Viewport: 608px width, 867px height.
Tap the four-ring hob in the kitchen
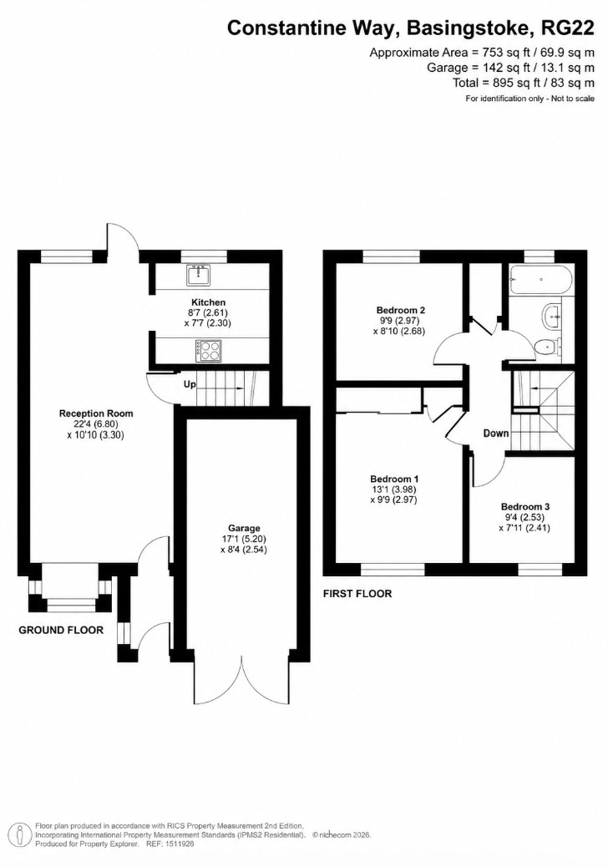208,350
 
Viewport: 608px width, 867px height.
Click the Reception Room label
96,413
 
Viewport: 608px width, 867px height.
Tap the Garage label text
244,528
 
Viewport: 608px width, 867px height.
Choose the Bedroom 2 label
401,310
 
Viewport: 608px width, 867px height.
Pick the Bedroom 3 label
525,506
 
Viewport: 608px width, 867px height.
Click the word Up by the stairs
190,384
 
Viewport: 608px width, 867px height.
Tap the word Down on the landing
496,433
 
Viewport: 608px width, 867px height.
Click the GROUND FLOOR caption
61,630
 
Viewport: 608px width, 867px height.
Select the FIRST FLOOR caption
357,594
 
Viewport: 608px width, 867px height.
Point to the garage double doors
242,681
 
